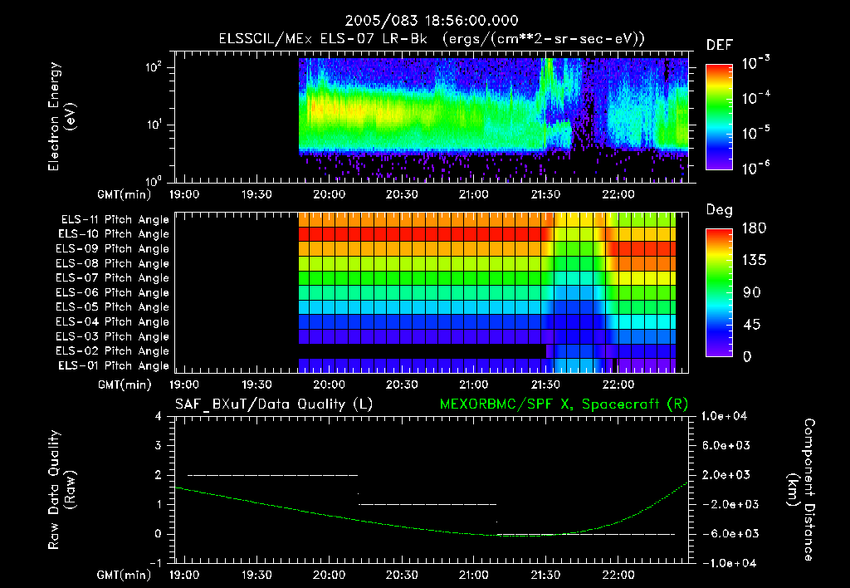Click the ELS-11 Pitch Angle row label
[x=115, y=219]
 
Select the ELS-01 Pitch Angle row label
[x=115, y=365]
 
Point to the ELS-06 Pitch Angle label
[x=115, y=292]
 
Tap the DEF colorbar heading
[x=719, y=45]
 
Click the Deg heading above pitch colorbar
[x=718, y=210]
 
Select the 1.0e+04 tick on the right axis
[x=726, y=416]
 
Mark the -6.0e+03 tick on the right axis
[x=726, y=533]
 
